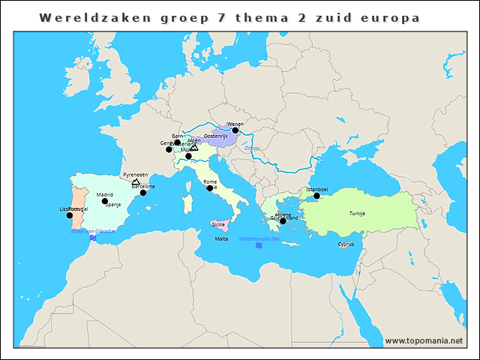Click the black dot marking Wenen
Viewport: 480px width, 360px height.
[x=235, y=130]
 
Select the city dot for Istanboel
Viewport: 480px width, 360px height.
[x=316, y=196]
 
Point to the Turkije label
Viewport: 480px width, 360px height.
[x=356, y=214]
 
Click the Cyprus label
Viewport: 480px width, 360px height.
[x=346, y=244]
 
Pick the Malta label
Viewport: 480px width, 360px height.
[x=221, y=238]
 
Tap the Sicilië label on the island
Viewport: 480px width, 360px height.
[x=218, y=224]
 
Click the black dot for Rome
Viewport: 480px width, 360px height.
[x=210, y=188]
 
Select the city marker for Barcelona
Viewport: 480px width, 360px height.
[x=143, y=193]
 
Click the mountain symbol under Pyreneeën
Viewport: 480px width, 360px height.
[x=135, y=181]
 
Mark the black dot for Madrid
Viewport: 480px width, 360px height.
[x=105, y=201]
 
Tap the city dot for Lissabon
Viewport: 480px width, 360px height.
[x=70, y=215]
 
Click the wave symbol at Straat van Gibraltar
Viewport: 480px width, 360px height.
[x=92, y=238]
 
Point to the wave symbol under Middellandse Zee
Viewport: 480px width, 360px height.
[x=258, y=245]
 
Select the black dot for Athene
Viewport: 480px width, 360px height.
[x=283, y=221]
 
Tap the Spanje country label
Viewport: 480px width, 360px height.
[x=112, y=204]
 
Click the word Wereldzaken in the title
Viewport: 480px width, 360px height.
[x=80, y=16]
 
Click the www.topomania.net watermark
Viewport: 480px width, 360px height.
[x=424, y=340]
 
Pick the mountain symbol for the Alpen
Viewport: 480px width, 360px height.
[x=194, y=147]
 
